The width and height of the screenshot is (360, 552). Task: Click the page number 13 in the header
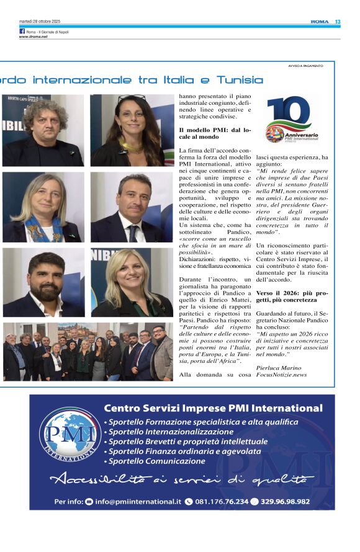[338, 22]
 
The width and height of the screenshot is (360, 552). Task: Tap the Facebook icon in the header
[22, 31]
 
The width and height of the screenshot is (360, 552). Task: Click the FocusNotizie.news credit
[281, 375]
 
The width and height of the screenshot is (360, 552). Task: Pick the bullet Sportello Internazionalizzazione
[169, 432]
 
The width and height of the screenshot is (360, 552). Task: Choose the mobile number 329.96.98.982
[285, 501]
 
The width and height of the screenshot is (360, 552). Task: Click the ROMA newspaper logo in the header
[319, 22]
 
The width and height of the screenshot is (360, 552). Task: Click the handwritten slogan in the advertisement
[180, 479]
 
